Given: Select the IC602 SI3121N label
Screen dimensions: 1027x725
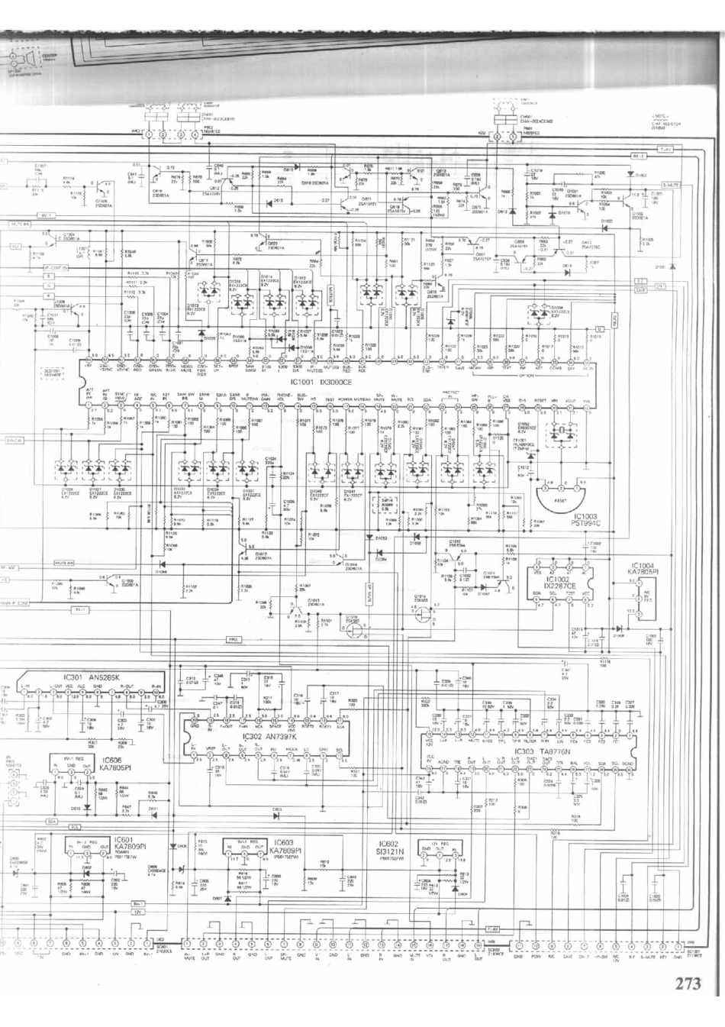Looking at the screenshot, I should pyautogui.click(x=389, y=848).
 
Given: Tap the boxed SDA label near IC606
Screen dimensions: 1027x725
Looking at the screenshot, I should pyautogui.click(x=52, y=822).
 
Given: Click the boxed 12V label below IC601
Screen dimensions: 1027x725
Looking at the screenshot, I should pyautogui.click(x=137, y=912).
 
